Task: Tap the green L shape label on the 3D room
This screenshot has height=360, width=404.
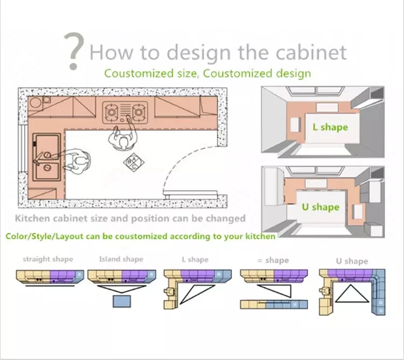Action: pyautogui.click(x=330, y=128)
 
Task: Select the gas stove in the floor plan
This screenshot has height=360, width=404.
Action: pyautogui.click(x=125, y=112)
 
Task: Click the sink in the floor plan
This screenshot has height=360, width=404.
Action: pyautogui.click(x=45, y=157)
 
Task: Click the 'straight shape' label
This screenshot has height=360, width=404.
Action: pyautogui.click(x=47, y=259)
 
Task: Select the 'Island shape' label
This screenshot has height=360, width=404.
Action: pyautogui.click(x=121, y=259)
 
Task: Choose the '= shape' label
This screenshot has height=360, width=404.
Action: pyautogui.click(x=273, y=260)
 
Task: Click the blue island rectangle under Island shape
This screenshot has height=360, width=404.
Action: pyautogui.click(x=123, y=300)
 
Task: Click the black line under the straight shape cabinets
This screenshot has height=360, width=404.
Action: pyautogui.click(x=48, y=286)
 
